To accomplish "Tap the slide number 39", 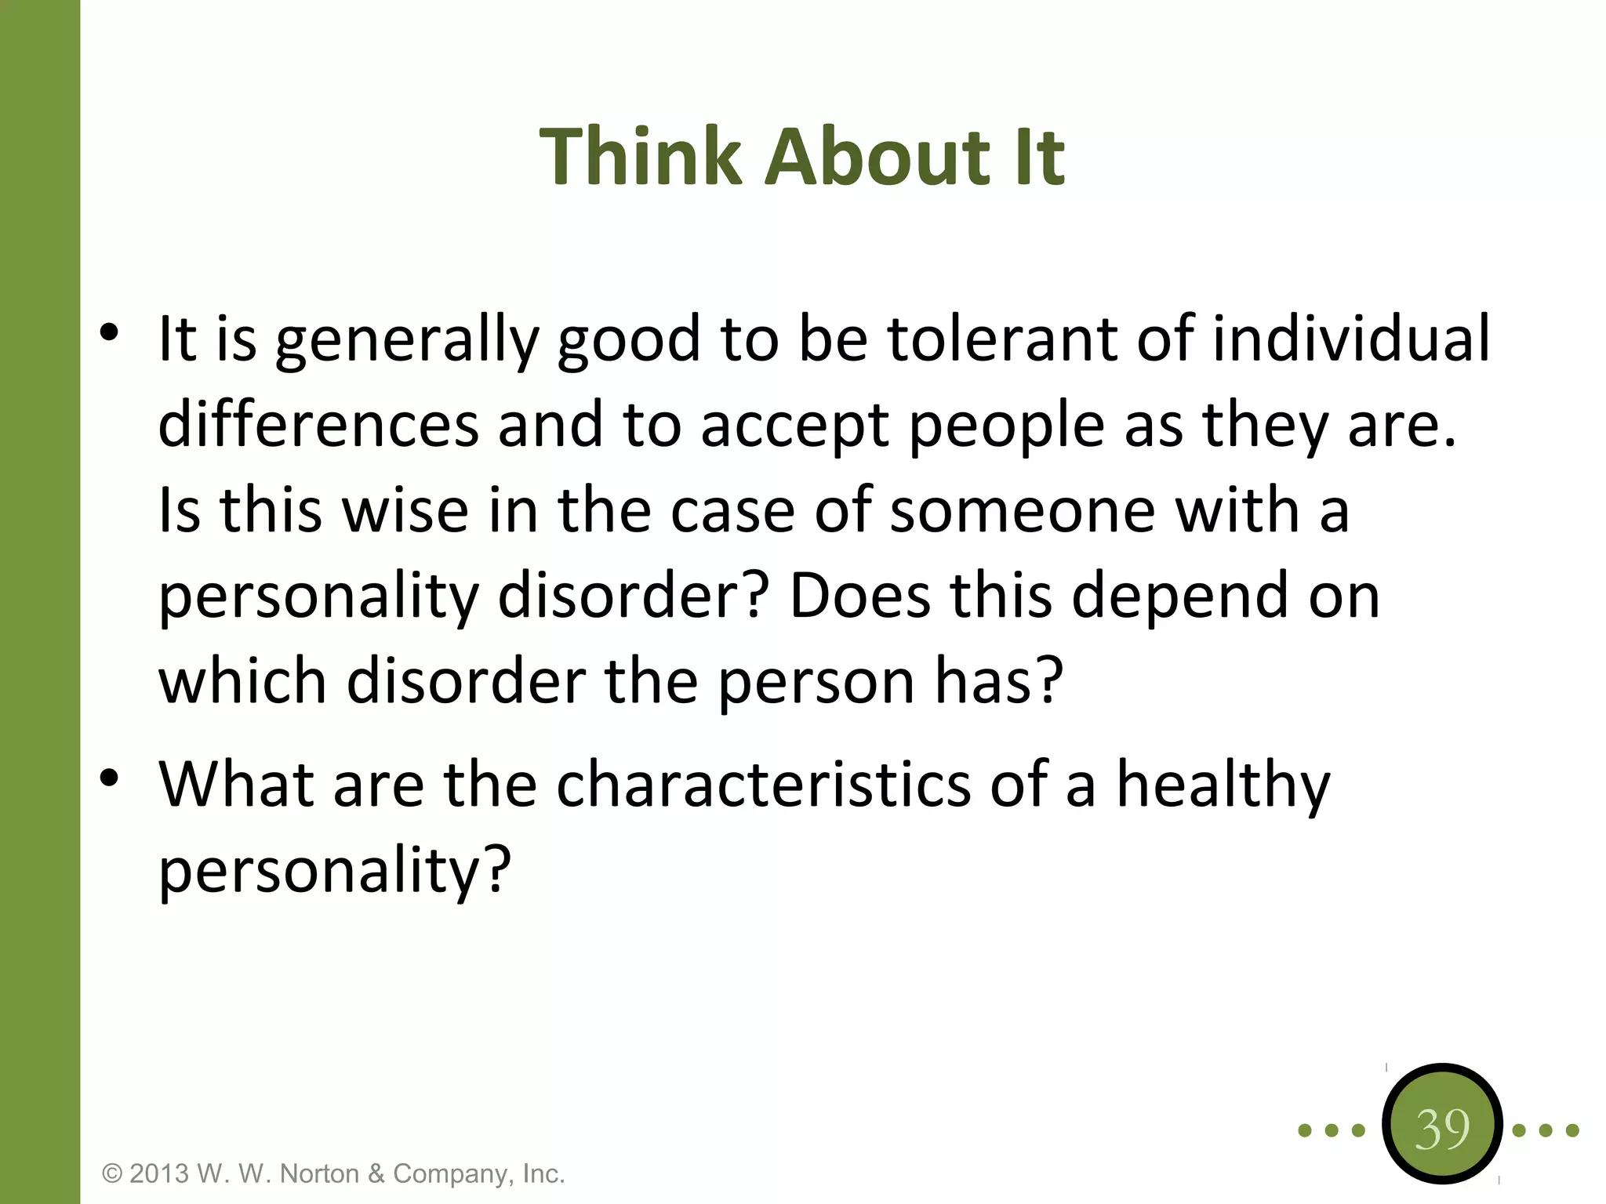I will [x=1441, y=1130].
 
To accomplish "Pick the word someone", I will [x=1022, y=510].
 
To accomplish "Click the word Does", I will [x=859, y=596].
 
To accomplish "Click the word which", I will [x=242, y=680].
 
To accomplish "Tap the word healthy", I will [x=1223, y=786].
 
